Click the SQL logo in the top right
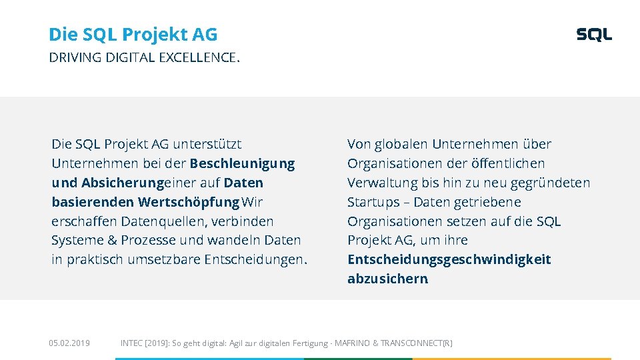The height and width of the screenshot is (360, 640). (x=593, y=35)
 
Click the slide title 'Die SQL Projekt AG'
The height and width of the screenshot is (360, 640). (x=133, y=34)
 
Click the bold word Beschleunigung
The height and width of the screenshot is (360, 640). (x=242, y=163)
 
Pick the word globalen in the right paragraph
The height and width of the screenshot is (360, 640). (x=401, y=144)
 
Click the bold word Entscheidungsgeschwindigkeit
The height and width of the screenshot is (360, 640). (x=449, y=259)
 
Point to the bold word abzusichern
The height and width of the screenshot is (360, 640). (x=387, y=279)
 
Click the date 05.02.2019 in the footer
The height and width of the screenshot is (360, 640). (x=69, y=343)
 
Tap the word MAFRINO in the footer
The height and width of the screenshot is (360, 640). (x=352, y=343)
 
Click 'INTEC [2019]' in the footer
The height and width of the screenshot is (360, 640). (x=144, y=343)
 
